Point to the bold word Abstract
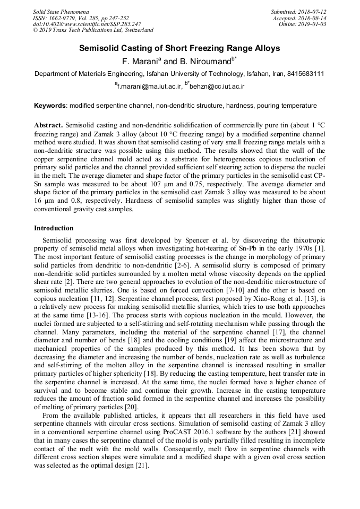[x=48, y=125]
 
